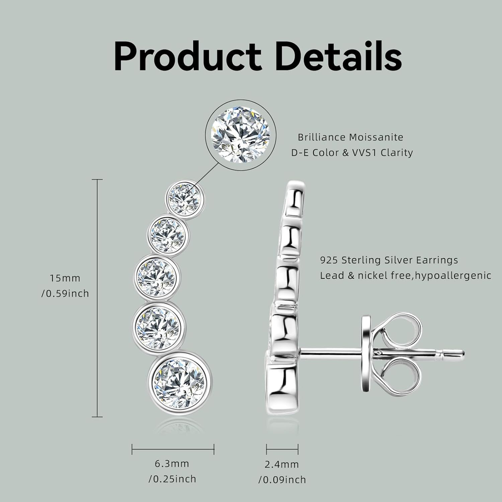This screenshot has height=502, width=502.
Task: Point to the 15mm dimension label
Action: (x=65, y=278)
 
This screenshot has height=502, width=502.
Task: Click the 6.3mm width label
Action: (x=172, y=464)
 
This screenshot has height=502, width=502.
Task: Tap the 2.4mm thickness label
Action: (x=281, y=464)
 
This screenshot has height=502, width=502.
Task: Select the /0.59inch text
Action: (x=65, y=294)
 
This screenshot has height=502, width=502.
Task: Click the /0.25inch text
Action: (x=172, y=479)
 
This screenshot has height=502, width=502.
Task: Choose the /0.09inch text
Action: (x=282, y=480)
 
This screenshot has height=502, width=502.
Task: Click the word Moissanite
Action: (x=376, y=137)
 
